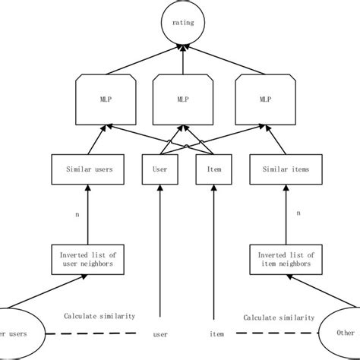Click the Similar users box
pyautogui.click(x=82, y=169)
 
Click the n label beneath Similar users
pyautogui.click(x=77, y=215)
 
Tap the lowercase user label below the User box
pyautogui.click(x=160, y=333)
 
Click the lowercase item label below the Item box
pyautogui.click(x=216, y=333)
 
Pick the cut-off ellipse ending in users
pyautogui.click(x=19, y=332)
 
